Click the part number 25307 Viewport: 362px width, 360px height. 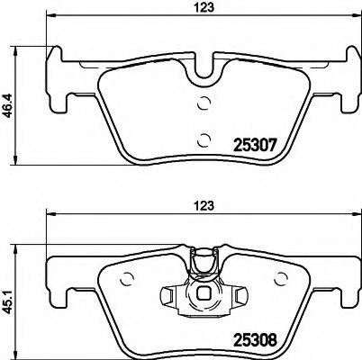coord(254,142)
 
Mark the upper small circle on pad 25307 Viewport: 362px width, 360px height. coord(205,101)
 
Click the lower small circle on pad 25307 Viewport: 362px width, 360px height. coord(205,138)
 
